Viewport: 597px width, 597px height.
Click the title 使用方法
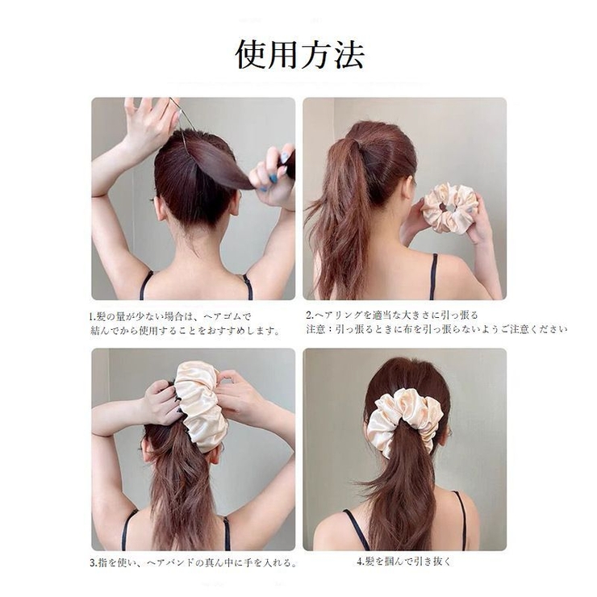tap(299, 53)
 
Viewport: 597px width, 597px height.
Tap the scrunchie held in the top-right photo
tap(449, 208)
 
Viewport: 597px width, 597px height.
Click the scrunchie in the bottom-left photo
tap(200, 404)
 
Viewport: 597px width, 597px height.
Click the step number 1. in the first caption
tap(94, 316)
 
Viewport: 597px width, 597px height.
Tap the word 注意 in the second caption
tap(316, 329)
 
